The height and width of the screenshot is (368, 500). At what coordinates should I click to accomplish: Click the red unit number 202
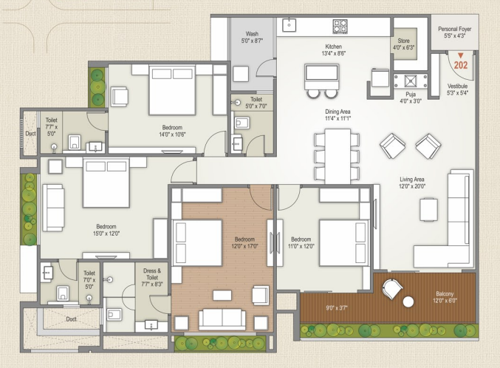[x=460, y=65]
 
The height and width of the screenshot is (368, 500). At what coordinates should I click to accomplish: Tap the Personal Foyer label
[x=454, y=33]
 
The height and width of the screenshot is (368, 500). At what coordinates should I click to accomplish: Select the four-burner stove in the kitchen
[x=340, y=26]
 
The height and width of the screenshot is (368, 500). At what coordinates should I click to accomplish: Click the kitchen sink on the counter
[x=290, y=25]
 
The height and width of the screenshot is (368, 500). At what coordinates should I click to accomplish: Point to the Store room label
[x=403, y=44]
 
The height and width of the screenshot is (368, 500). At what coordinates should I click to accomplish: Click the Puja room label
[x=411, y=98]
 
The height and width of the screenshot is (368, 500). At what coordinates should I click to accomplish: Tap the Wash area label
[x=252, y=37]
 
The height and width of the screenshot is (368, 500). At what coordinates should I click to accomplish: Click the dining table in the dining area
[x=338, y=156]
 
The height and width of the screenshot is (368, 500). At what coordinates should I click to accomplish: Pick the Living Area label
[x=412, y=183]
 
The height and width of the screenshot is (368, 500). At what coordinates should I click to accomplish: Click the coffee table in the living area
[x=428, y=209]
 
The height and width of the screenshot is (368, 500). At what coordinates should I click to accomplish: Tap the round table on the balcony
[x=408, y=301]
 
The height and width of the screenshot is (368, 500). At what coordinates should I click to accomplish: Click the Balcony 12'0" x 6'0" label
[x=445, y=297]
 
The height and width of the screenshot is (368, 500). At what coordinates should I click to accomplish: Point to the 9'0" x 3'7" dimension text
[x=337, y=308]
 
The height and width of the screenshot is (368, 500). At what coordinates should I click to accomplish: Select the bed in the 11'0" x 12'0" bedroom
[x=343, y=242]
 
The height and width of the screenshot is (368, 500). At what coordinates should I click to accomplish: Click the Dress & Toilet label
[x=152, y=277]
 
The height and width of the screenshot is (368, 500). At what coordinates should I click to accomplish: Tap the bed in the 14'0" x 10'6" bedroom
[x=172, y=90]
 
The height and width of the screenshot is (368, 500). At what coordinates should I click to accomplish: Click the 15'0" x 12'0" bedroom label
[x=106, y=230]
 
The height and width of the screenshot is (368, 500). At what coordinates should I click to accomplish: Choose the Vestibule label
[x=457, y=89]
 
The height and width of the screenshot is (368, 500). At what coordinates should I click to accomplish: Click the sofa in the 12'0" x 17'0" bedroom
[x=222, y=319]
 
